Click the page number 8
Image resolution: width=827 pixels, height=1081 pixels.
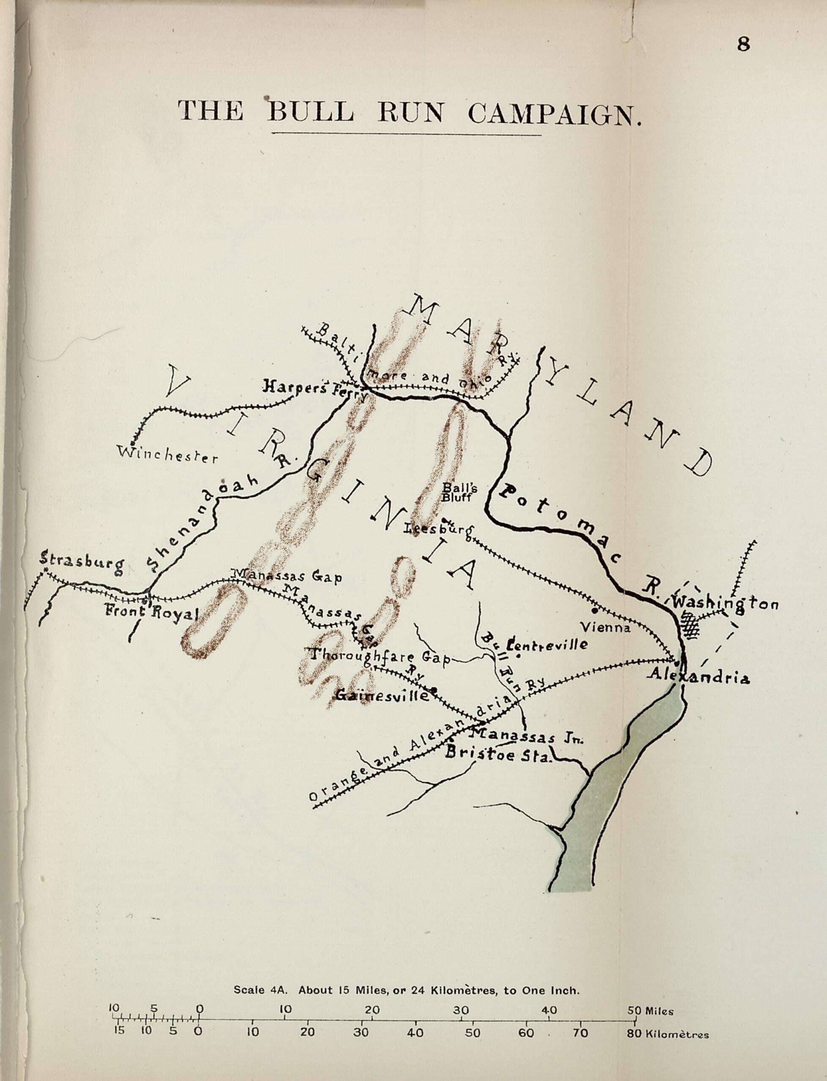click(743, 44)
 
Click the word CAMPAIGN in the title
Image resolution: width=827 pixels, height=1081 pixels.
click(554, 114)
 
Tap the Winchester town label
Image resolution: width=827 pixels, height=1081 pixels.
click(168, 455)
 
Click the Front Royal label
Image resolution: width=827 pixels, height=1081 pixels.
click(151, 613)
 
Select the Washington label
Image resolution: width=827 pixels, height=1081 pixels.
click(725, 603)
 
